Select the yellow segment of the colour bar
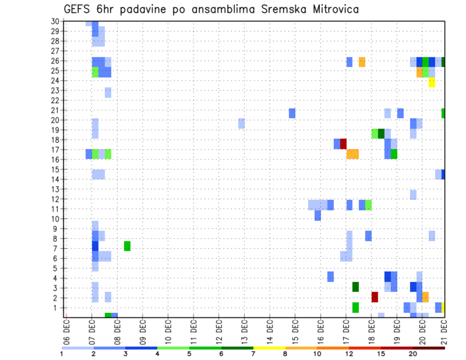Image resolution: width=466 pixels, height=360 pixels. click(269, 347)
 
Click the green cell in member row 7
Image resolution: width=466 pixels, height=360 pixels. click(127, 246)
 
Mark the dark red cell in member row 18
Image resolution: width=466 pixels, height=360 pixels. click(343, 144)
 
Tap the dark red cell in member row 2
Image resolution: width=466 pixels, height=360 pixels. click(375, 297)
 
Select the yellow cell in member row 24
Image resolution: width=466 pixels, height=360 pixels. click(432, 82)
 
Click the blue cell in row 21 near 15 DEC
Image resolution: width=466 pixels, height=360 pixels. click(292, 113)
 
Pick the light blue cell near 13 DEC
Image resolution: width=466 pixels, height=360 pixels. click(241, 123)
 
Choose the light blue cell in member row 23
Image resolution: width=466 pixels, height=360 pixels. click(108, 92)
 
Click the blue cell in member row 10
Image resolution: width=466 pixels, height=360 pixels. click(317, 215)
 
